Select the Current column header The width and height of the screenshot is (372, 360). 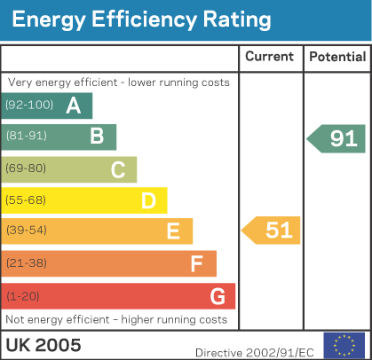coord(269,57)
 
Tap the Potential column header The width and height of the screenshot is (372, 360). coord(336,57)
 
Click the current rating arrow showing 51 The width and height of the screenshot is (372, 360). coord(272,231)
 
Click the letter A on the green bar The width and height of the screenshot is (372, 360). coord(74,106)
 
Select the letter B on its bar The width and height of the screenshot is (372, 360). coord(97,137)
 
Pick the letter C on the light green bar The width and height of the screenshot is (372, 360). coord(118,169)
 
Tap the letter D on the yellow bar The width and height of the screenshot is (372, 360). coord(148,200)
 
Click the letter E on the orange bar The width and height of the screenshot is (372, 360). coord(173,231)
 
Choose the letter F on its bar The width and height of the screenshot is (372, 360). coord(197,263)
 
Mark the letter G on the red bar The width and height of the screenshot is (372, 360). coord(218,294)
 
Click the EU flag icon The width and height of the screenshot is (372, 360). coord(344,344)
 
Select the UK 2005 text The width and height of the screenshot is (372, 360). coord(44,344)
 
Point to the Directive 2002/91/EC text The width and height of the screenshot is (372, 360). coord(255,352)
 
